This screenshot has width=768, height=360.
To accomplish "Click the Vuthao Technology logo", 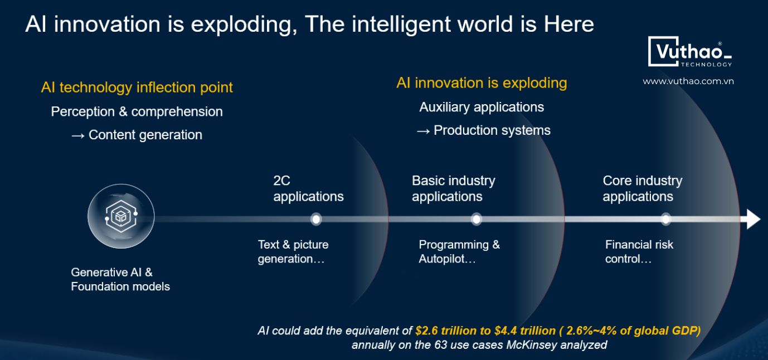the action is click(x=690, y=52).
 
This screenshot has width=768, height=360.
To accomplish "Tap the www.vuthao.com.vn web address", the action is click(x=688, y=81).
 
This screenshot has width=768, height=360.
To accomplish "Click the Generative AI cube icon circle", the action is click(x=121, y=216).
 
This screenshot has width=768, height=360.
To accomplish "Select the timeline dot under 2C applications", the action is click(x=316, y=219).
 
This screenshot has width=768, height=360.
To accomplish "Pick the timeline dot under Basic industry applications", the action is click(x=476, y=219).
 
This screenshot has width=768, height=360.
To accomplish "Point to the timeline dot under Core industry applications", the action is click(x=666, y=219).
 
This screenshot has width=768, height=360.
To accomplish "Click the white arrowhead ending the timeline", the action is click(x=754, y=219).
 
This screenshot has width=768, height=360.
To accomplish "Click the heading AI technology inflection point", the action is click(x=137, y=88).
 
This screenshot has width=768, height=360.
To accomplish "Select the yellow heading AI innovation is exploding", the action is click(x=482, y=84).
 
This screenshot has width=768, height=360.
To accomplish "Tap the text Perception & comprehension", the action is click(x=137, y=112).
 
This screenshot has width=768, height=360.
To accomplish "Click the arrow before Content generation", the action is click(x=78, y=136).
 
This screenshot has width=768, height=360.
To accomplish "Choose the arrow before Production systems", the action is click(x=423, y=132).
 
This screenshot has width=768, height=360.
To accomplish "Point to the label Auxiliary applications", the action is click(x=482, y=108).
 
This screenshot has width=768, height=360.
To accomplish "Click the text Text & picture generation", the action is click(x=293, y=252).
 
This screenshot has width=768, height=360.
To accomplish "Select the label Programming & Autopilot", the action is click(x=459, y=252).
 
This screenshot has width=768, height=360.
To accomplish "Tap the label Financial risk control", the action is click(x=639, y=252).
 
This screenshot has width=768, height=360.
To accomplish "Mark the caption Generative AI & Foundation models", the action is click(x=120, y=279).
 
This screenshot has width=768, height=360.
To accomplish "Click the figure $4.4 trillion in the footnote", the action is click(x=525, y=330).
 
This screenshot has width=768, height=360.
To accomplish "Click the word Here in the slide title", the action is click(x=569, y=24).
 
